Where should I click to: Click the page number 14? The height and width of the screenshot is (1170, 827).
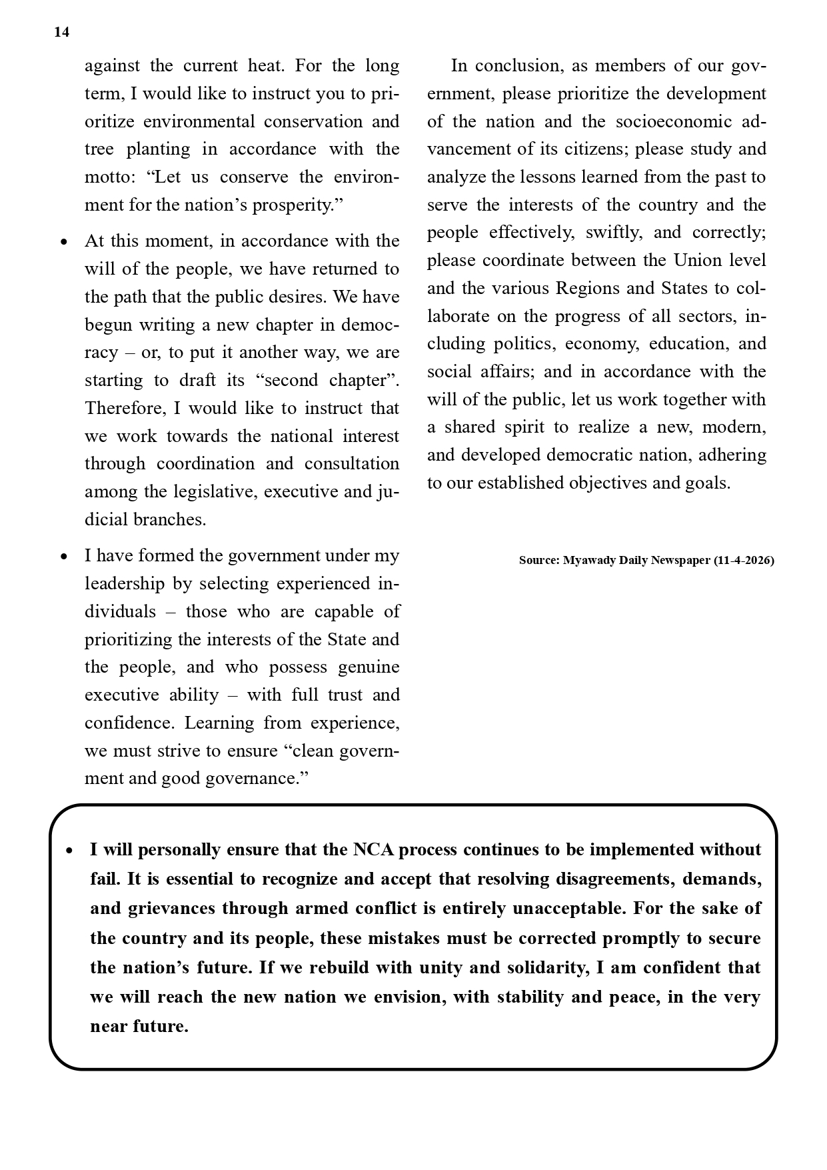click(61, 33)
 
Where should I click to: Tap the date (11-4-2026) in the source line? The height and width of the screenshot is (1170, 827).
click(744, 561)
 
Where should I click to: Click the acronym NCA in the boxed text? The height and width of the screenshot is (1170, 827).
click(373, 850)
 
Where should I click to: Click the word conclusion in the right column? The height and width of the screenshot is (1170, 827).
click(518, 66)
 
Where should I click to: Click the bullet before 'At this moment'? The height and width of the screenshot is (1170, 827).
click(64, 242)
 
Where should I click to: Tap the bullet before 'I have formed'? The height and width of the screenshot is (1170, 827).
click(64, 557)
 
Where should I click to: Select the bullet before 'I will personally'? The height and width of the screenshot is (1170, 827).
click(69, 851)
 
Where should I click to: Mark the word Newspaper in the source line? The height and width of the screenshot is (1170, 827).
click(680, 561)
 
